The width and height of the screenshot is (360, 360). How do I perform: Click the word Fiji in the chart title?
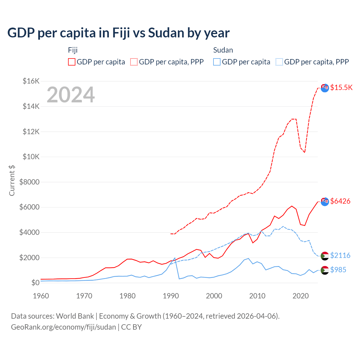(x=121, y=33)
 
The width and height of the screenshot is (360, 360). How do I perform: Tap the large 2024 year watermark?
(x=71, y=95)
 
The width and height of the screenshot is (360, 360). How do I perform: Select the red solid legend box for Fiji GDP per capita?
(x=72, y=62)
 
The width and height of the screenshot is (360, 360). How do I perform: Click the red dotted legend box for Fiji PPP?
(x=134, y=62)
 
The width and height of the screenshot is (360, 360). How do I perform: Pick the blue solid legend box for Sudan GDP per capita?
(x=217, y=62)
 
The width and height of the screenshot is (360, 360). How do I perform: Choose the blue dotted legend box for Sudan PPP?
(x=279, y=62)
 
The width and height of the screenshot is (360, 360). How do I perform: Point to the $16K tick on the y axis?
(x=31, y=81)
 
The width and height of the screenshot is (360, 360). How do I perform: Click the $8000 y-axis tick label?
(x=30, y=182)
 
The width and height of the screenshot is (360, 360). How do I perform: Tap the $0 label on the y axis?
(x=35, y=283)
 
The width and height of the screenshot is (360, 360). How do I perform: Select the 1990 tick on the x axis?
(x=171, y=296)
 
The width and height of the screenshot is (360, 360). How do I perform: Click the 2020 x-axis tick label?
(x=301, y=296)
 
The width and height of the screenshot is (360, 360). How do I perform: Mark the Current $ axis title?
(x=12, y=181)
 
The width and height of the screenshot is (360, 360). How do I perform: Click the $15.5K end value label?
(x=341, y=87)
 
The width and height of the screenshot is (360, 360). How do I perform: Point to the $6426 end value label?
(x=340, y=201)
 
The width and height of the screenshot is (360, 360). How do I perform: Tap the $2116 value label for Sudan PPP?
(x=340, y=255)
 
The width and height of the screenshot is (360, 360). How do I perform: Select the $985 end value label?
(x=338, y=270)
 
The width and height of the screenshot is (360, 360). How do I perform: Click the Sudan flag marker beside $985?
(x=325, y=270)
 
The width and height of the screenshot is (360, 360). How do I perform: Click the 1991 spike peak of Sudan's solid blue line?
(x=175, y=258)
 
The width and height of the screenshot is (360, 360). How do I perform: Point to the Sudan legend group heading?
(x=223, y=50)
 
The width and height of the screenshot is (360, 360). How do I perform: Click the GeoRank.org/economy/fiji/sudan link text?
(x=64, y=327)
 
